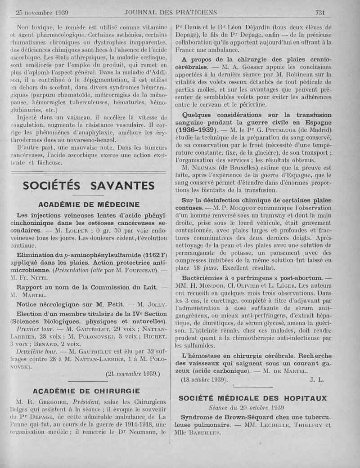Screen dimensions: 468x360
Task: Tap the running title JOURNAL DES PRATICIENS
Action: coord(170,12)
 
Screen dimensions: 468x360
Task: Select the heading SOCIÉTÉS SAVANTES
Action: coord(88,185)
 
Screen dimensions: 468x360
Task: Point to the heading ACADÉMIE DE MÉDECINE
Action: coord(88,204)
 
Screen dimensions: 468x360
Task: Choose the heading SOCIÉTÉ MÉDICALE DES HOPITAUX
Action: coord(253,398)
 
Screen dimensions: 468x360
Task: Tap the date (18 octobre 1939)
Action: coord(205,379)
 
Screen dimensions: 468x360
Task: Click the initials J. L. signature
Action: coord(317,379)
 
